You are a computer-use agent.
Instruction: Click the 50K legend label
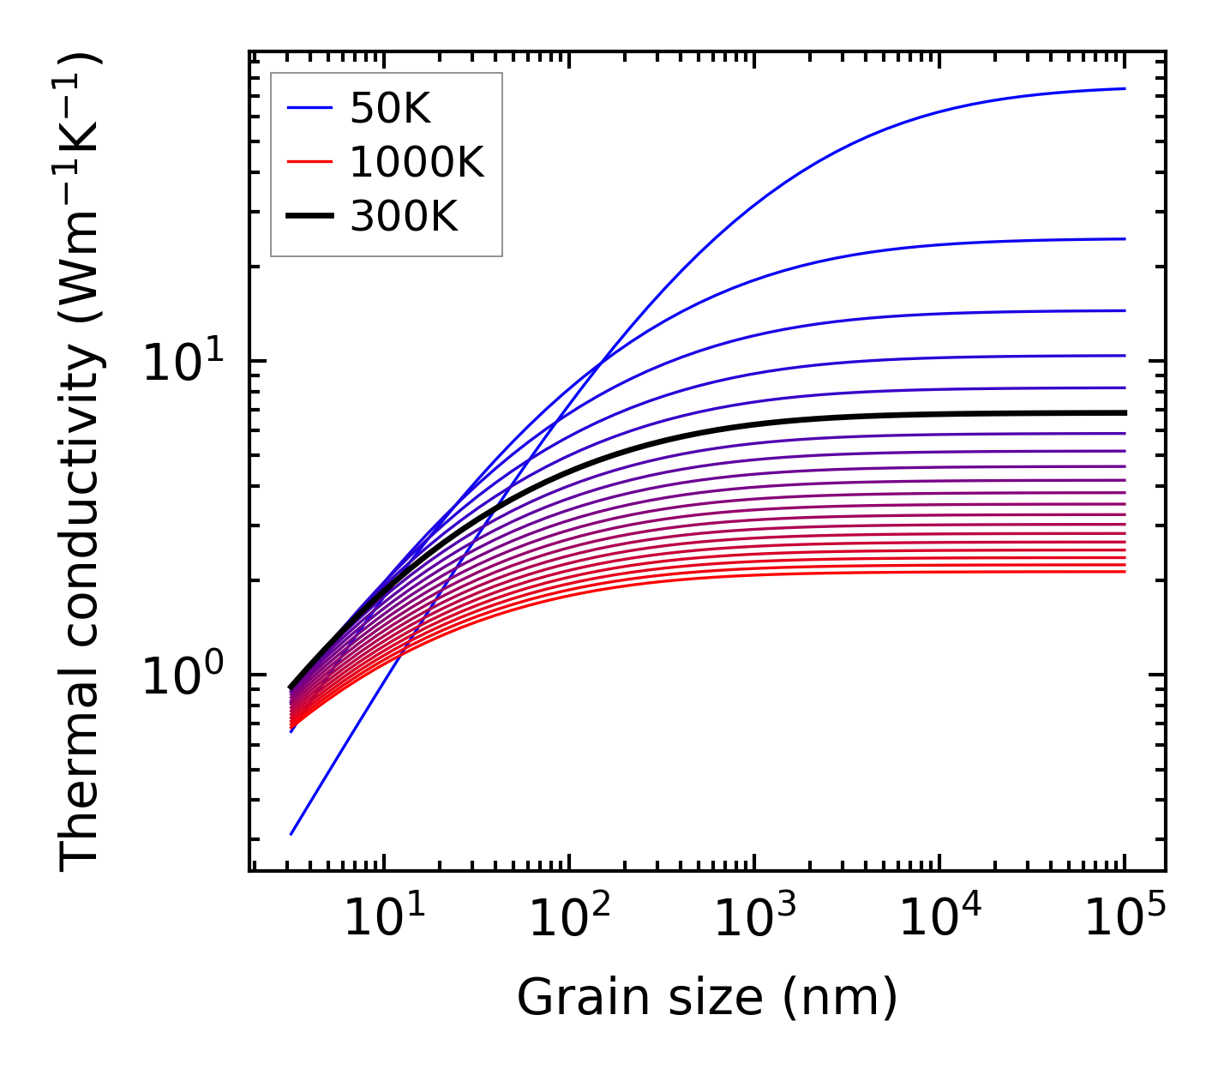point(390,108)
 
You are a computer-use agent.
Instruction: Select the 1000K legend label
point(417,162)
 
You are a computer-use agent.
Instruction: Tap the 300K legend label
point(404,217)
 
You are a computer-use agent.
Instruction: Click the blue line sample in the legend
point(309,108)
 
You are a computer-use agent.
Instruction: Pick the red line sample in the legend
point(309,162)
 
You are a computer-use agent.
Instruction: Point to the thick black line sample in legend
point(309,217)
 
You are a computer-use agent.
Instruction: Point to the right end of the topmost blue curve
point(1125,88)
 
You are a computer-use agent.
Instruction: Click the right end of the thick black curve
point(1125,412)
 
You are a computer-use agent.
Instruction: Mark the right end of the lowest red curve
point(1125,571)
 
